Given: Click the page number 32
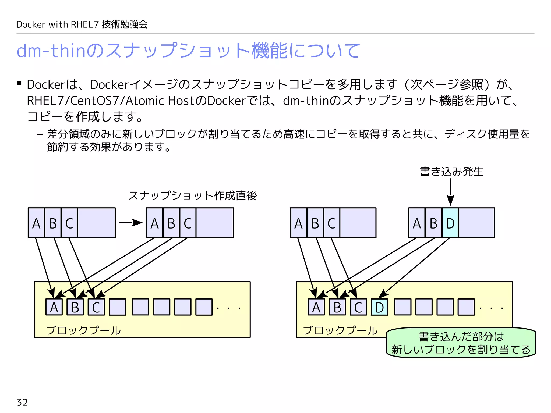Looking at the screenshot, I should [22, 402].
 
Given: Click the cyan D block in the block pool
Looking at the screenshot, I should [379, 307].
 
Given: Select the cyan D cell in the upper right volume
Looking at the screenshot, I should [450, 223].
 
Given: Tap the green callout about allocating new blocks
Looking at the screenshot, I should [461, 343].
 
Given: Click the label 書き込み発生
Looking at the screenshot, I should [451, 172].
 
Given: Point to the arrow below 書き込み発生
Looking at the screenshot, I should [451, 191].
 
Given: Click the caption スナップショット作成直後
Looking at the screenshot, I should [193, 195].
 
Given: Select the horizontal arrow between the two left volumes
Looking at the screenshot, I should [130, 223].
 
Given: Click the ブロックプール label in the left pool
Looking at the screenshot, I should [83, 330].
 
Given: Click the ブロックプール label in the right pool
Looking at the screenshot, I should [340, 330].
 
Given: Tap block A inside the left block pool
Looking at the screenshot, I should [54, 307].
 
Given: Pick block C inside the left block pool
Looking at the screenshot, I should [96, 307].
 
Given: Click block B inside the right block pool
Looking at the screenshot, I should [337, 307].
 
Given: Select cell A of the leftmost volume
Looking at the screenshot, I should [36, 223].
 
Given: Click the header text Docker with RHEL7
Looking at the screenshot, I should [58, 24].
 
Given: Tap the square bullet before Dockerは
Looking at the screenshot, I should [19, 83].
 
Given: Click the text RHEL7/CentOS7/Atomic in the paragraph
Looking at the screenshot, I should [96, 101].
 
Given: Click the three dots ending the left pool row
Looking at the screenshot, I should [228, 308].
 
